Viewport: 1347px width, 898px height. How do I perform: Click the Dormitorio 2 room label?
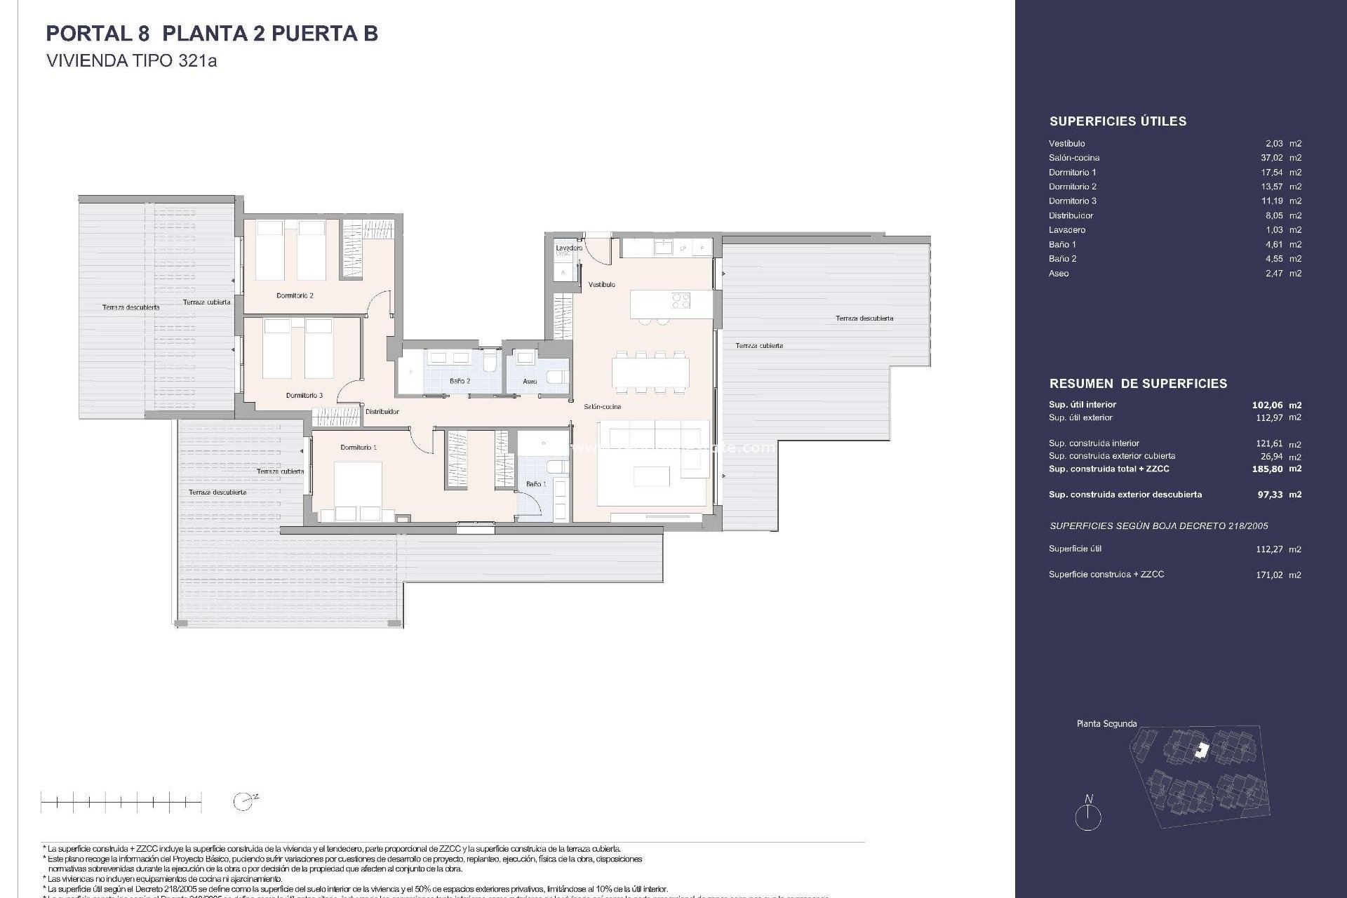pyautogui.click(x=295, y=295)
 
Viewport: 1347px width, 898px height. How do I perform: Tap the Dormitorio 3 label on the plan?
pyautogui.click(x=304, y=396)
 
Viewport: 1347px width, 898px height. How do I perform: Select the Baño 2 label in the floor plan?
pyautogui.click(x=460, y=381)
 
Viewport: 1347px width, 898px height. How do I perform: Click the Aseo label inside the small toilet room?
pyautogui.click(x=530, y=382)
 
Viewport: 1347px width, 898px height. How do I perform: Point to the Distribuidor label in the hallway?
pyautogui.click(x=382, y=412)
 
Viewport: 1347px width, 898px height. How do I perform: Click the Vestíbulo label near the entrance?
pyautogui.click(x=601, y=285)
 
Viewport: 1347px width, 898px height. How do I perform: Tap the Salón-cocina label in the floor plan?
pyautogui.click(x=602, y=407)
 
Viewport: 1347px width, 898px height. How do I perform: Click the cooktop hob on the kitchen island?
pyautogui.click(x=681, y=301)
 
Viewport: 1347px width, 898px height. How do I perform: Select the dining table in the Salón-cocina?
pyautogui.click(x=650, y=373)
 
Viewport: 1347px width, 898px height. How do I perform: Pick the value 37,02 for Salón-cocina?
pyautogui.click(x=1271, y=158)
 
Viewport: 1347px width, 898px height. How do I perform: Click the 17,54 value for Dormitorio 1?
pyautogui.click(x=1271, y=173)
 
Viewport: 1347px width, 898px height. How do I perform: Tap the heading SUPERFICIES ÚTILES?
pyautogui.click(x=1118, y=121)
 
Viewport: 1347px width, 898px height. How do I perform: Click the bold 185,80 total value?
pyautogui.click(x=1267, y=469)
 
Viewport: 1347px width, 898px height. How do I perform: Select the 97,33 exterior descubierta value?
pyautogui.click(x=1270, y=495)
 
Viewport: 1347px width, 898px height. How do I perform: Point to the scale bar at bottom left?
pyautogui.click(x=121, y=801)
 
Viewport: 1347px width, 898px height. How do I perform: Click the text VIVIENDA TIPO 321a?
pyautogui.click(x=131, y=61)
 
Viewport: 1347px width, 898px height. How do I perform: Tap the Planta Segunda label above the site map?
pyautogui.click(x=1106, y=723)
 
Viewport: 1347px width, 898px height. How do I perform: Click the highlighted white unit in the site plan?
pyautogui.click(x=1202, y=751)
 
